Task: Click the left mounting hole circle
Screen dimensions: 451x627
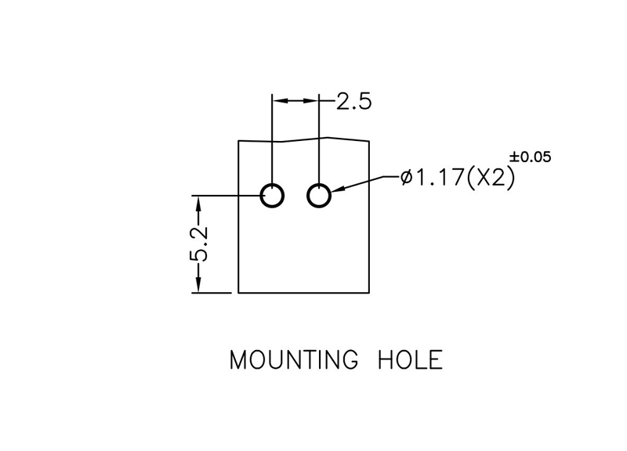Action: pyautogui.click(x=273, y=195)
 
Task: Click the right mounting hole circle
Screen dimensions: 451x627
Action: pyautogui.click(x=319, y=195)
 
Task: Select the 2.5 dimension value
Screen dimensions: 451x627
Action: pyautogui.click(x=353, y=102)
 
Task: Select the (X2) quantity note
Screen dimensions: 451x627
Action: pyautogui.click(x=490, y=179)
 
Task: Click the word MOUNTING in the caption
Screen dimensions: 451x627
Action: pyautogui.click(x=295, y=360)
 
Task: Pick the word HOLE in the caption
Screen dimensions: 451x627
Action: pyautogui.click(x=411, y=360)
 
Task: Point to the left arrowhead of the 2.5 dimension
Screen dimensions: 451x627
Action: pyautogui.click(x=279, y=101)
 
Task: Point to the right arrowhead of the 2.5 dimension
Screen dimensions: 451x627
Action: pyautogui.click(x=313, y=101)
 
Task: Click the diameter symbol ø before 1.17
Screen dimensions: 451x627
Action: pyautogui.click(x=406, y=179)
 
